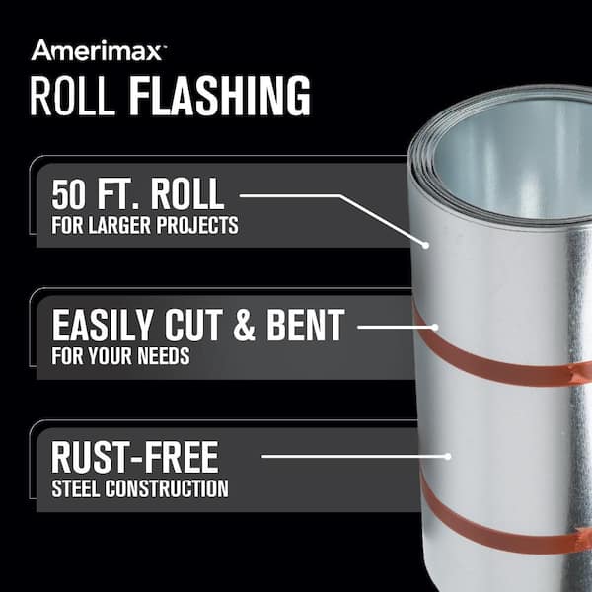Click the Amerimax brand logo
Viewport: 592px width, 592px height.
[x=97, y=50]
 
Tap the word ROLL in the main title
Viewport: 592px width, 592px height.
[x=72, y=95]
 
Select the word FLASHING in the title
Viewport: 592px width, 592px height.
[x=220, y=95]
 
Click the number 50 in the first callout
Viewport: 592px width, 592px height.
[x=68, y=193]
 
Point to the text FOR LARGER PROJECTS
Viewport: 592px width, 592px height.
[x=145, y=225]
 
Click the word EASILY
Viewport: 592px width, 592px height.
[x=103, y=325]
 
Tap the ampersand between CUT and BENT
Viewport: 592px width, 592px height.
[x=245, y=325]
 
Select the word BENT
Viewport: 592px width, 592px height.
[x=306, y=325]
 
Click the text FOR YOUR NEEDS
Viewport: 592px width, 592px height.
[x=120, y=356]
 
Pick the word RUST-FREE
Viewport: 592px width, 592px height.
[x=135, y=457]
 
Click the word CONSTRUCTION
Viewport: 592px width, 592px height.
[x=167, y=488]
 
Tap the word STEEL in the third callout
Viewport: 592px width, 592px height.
[x=76, y=488]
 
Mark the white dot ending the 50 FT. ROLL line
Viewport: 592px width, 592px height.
[x=425, y=245]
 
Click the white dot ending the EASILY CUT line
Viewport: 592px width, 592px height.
[x=435, y=327]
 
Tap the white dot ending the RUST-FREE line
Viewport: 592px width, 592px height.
[x=448, y=457]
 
